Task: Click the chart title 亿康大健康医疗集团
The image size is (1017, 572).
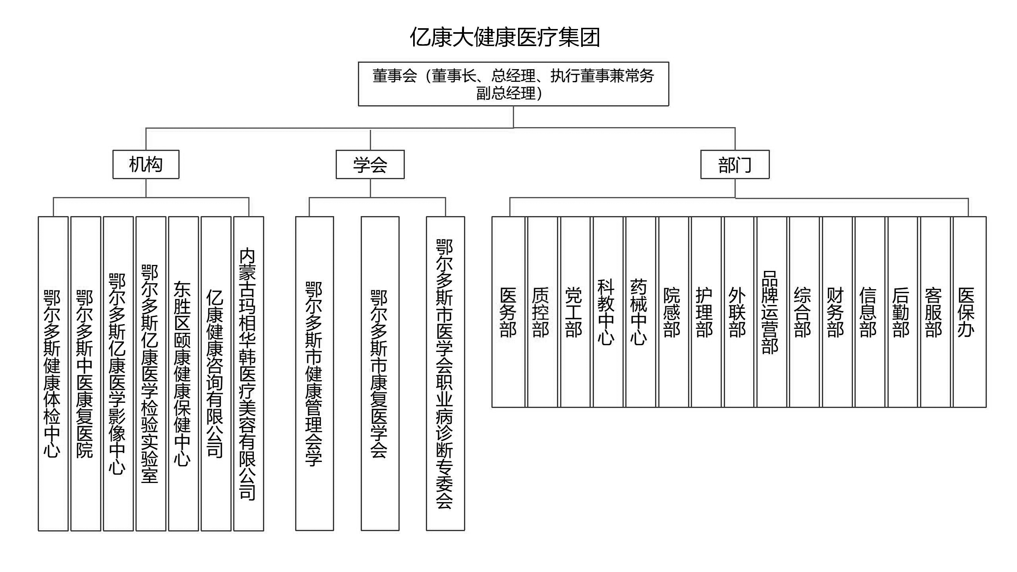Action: point(505,37)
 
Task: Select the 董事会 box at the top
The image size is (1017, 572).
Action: point(513,84)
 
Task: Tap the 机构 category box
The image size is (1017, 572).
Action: point(146,164)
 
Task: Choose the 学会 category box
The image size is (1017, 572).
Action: point(370,164)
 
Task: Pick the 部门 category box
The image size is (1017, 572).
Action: point(735,164)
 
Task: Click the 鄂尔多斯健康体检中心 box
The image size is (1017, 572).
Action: point(53,373)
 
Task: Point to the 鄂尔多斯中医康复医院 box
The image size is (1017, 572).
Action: point(86,373)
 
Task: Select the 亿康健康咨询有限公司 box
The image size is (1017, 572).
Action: point(216,373)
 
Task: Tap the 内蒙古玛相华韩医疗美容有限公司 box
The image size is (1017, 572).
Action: point(249,373)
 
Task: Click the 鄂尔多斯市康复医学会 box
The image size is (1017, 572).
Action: point(380,373)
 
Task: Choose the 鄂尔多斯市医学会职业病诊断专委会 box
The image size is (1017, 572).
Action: point(445,373)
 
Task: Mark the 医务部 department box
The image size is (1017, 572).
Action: point(508,312)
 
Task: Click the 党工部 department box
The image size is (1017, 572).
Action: point(574,312)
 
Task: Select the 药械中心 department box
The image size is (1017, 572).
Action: point(640,312)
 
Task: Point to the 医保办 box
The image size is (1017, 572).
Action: point(969,312)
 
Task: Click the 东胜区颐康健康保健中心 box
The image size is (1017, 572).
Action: point(184,373)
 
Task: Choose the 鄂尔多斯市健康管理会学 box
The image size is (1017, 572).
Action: point(315,373)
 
